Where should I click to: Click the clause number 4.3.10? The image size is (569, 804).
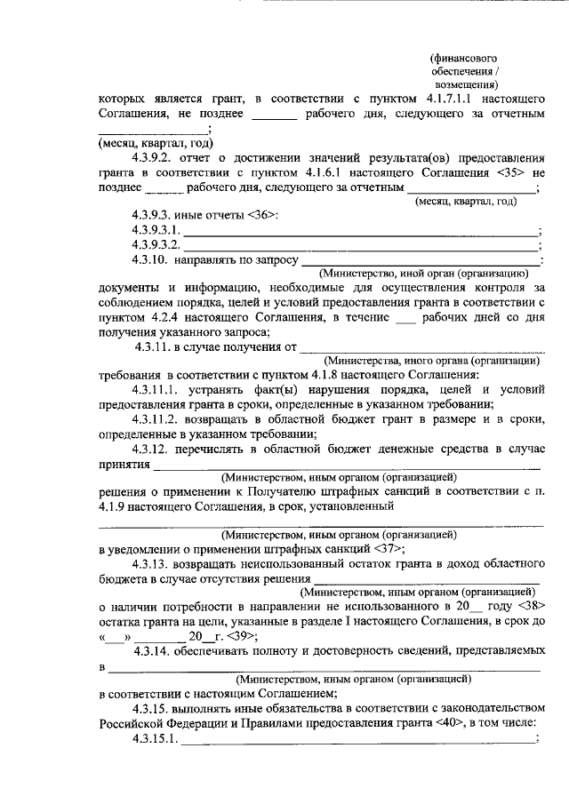(x=149, y=259)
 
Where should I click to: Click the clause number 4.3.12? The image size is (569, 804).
(x=149, y=448)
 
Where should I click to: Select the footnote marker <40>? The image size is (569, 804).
(x=452, y=722)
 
